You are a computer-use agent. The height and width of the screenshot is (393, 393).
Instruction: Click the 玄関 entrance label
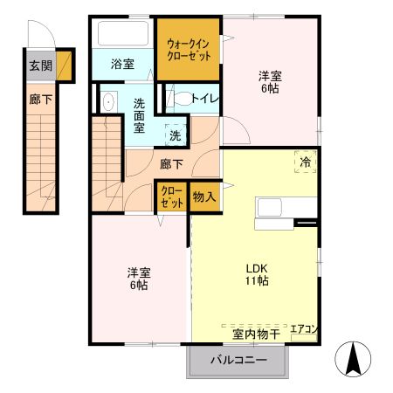pos(39,65)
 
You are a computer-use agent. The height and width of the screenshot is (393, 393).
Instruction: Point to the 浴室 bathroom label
pos(122,64)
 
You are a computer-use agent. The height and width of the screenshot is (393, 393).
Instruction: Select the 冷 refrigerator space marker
pos(305,162)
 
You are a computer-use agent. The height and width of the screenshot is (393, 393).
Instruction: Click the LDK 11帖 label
pos(256,274)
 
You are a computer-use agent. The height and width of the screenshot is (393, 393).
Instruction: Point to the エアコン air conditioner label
pos(303,329)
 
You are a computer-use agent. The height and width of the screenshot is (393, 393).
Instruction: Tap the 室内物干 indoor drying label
pos(255,334)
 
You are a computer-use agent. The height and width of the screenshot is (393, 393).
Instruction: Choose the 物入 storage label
pos(203,197)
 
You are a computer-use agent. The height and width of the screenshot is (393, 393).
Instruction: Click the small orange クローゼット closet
pos(171,197)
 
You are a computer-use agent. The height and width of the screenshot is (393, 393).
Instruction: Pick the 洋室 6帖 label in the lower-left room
pos(137,278)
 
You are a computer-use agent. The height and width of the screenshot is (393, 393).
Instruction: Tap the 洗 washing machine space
pos(175,135)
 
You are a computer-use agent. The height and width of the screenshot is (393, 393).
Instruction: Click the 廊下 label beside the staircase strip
pos(40,100)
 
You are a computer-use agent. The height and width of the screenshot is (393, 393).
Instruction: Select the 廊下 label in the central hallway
pos(170,162)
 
